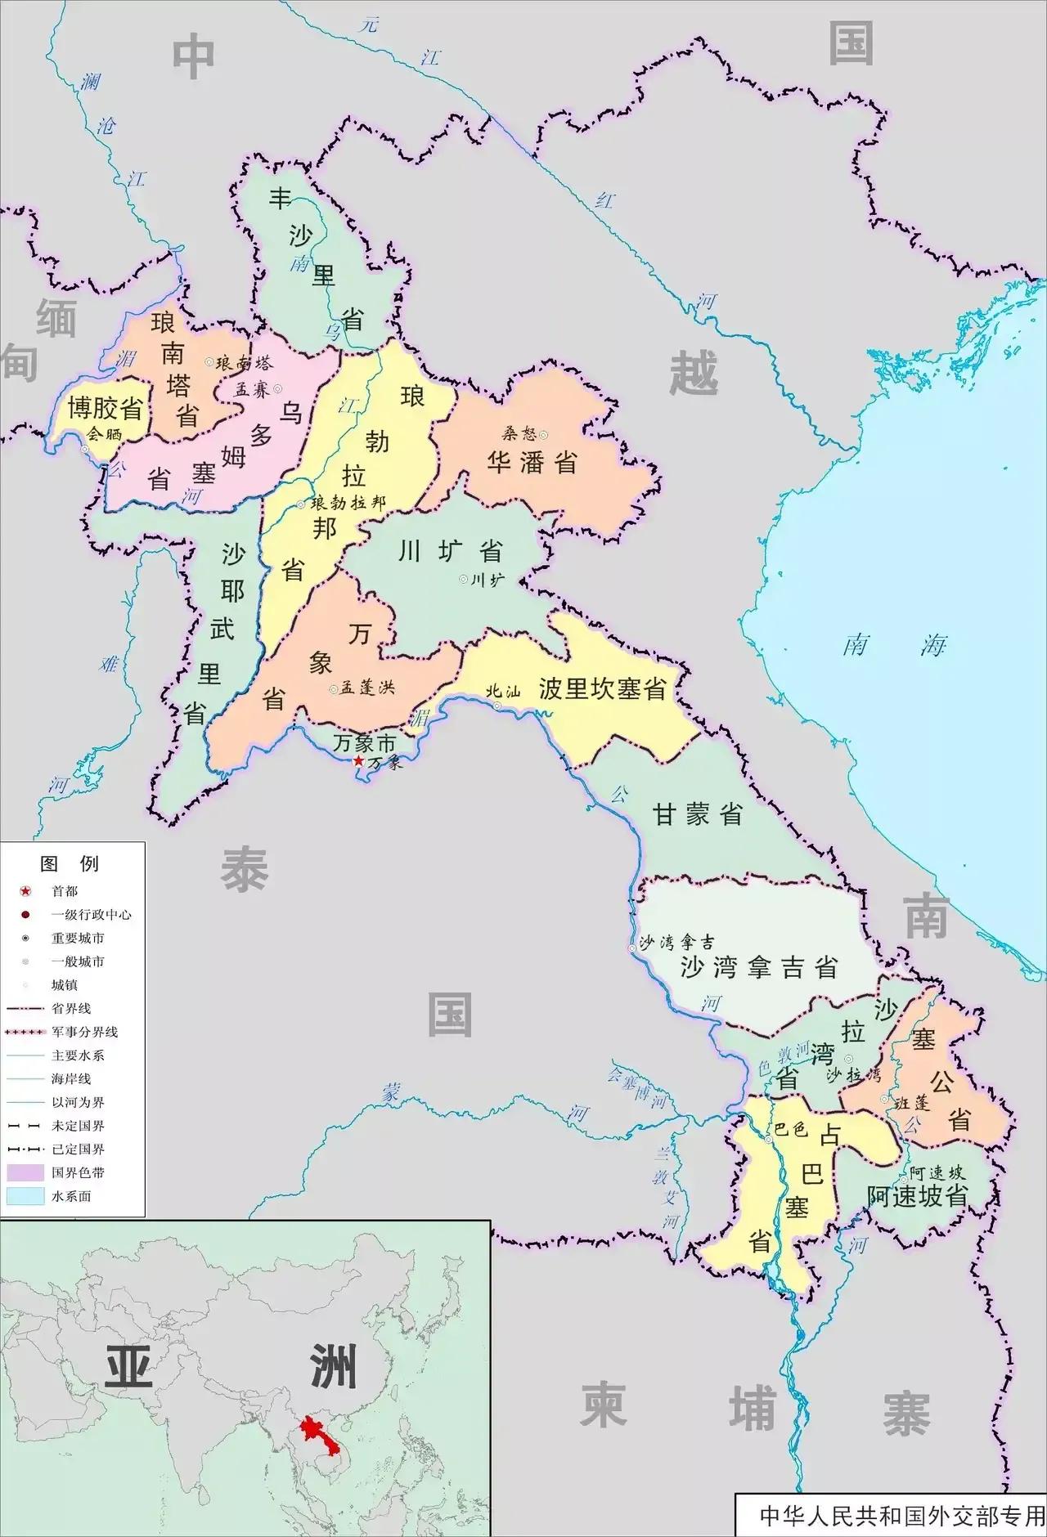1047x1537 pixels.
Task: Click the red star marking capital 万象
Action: tap(357, 761)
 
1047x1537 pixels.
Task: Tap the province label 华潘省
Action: tap(532, 463)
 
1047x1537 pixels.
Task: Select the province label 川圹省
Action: tap(449, 551)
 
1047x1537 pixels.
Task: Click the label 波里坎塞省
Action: tap(602, 689)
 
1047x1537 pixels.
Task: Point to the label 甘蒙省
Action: tap(697, 814)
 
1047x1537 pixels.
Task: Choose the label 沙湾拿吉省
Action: tap(759, 968)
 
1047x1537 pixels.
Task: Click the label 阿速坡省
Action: tap(917, 1196)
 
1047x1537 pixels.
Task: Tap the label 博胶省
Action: tap(106, 408)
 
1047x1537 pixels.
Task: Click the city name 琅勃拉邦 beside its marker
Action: tap(348, 503)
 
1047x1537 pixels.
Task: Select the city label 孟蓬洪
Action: tap(367, 688)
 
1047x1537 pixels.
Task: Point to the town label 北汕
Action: tap(502, 691)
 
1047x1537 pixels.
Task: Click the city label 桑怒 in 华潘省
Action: tap(519, 434)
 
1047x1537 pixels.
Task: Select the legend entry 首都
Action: tap(65, 891)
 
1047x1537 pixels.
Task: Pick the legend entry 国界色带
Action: tap(78, 1172)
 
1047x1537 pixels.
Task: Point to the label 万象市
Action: tap(364, 743)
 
